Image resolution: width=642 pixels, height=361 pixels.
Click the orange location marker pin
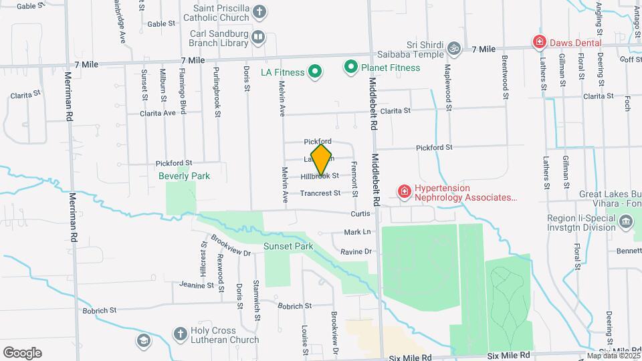[x=321, y=160]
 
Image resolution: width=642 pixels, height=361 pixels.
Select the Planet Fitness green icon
[x=350, y=67]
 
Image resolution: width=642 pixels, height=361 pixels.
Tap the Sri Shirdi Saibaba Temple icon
[x=454, y=48]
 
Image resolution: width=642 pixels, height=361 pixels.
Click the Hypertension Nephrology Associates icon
[x=404, y=193]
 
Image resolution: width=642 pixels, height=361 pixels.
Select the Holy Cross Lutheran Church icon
[x=180, y=333]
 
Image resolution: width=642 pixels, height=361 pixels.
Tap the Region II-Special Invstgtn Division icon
[x=627, y=221]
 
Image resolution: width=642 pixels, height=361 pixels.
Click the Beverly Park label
[x=184, y=176]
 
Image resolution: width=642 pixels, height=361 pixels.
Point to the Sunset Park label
[x=288, y=246]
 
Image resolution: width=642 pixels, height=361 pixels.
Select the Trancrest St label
[x=320, y=193]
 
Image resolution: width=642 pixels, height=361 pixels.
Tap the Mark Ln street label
[x=357, y=232]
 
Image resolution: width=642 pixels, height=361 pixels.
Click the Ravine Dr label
[x=355, y=252]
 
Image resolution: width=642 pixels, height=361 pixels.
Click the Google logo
[x=22, y=353]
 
